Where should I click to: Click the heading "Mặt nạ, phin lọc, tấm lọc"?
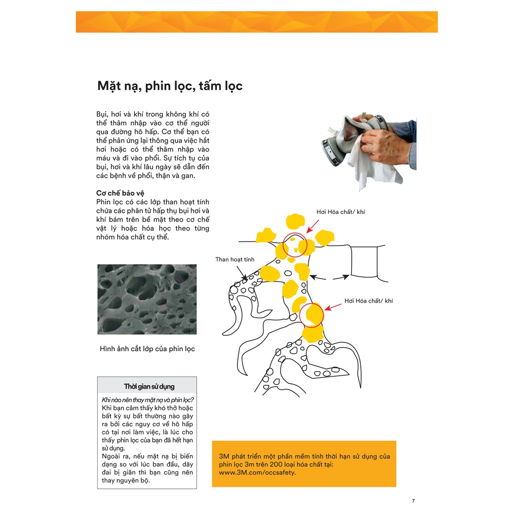coord(170,86)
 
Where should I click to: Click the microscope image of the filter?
coord(147,299)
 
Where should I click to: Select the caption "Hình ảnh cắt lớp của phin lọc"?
coord(147,349)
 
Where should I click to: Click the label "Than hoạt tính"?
coord(235,259)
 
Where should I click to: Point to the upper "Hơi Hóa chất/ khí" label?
coord(341,212)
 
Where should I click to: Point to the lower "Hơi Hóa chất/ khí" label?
coord(369,301)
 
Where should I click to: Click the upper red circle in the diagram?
coord(295,245)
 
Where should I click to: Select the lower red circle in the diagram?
coord(312,315)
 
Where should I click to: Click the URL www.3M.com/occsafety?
coord(258,472)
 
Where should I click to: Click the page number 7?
coord(413,501)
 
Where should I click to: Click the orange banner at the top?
coord(256,22)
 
